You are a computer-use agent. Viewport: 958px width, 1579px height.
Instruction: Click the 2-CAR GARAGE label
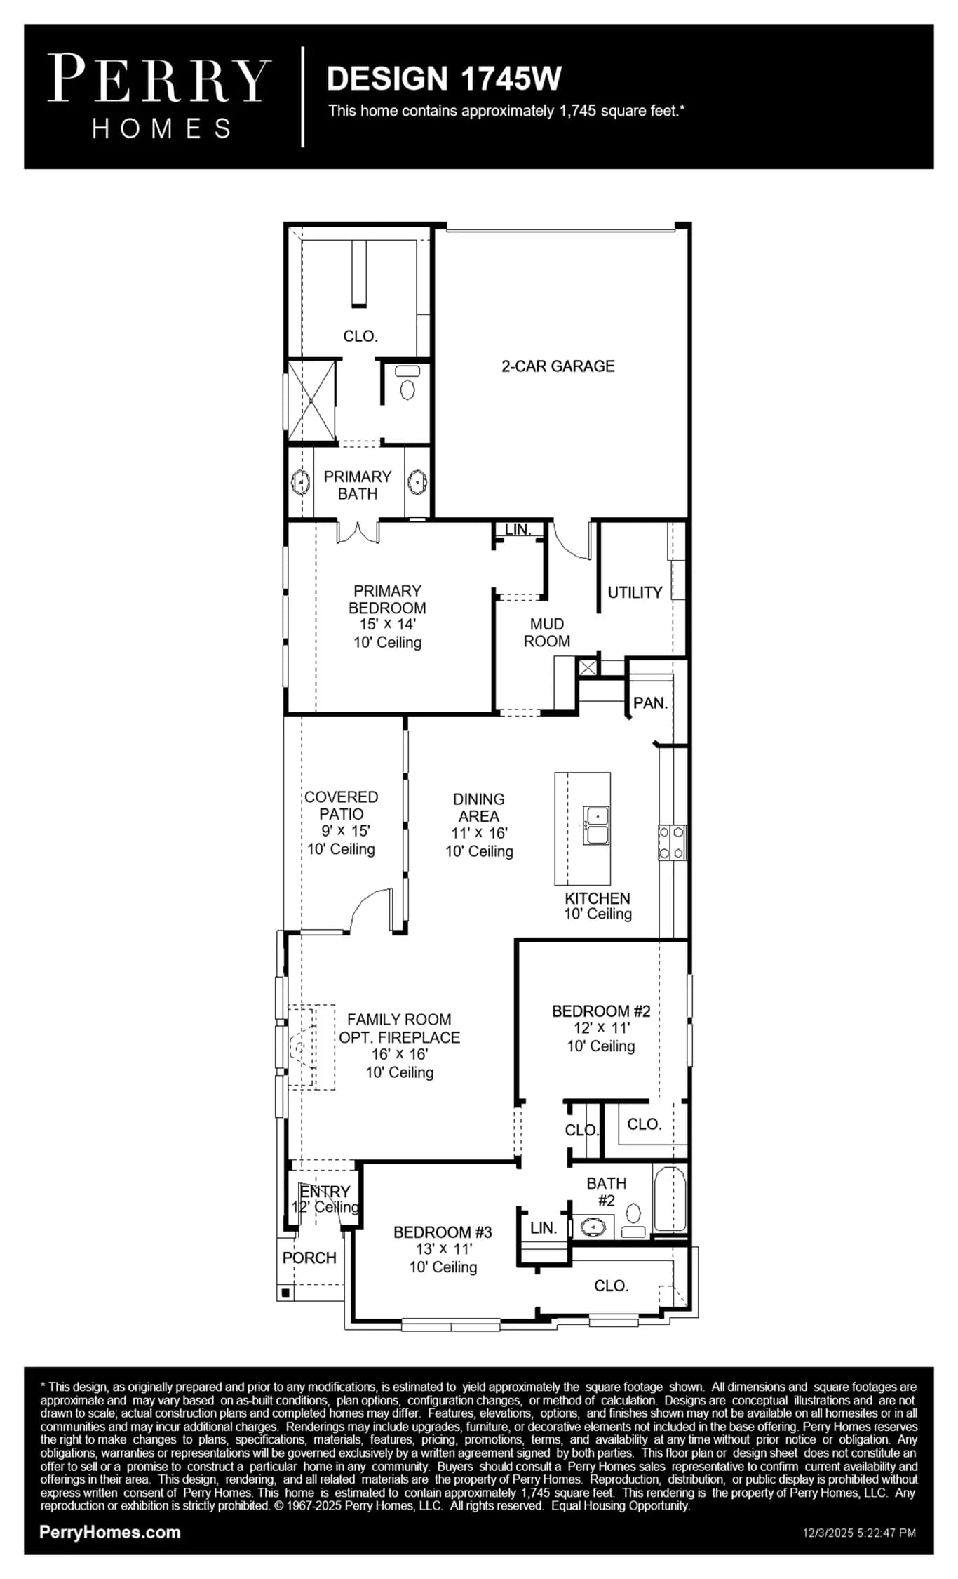point(558,366)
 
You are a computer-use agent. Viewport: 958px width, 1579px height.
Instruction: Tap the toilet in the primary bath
point(407,382)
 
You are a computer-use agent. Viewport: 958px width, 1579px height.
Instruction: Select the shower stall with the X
point(311,401)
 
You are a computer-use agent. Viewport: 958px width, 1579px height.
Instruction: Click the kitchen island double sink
point(596,825)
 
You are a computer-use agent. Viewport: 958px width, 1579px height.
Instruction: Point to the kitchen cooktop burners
point(672,843)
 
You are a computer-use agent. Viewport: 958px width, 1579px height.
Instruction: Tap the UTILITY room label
point(635,592)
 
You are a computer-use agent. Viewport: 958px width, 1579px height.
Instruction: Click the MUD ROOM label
point(547,632)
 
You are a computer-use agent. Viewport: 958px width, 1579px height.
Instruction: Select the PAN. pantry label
point(650,703)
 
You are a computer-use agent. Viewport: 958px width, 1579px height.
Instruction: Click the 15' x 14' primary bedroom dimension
point(388,624)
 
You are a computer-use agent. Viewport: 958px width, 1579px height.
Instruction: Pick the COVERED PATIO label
point(342,806)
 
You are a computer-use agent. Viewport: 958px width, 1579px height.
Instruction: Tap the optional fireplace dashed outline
point(311,1047)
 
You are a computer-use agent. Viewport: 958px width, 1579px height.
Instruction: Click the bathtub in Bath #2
point(670,1199)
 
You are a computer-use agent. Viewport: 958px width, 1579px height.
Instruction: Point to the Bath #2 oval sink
point(593,1227)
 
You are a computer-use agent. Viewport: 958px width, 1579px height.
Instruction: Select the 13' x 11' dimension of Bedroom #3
point(443,1248)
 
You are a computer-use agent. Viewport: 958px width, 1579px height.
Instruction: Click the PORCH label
point(309,1258)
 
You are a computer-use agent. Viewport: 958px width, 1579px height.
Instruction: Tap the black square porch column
point(285,1292)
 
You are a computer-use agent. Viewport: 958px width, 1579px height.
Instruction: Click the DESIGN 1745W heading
point(444,79)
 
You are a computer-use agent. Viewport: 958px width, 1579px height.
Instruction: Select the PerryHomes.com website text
point(110,1532)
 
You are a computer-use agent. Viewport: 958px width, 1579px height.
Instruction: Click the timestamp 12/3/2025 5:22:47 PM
point(859,1533)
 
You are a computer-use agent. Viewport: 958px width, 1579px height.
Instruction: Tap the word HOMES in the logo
point(161,128)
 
